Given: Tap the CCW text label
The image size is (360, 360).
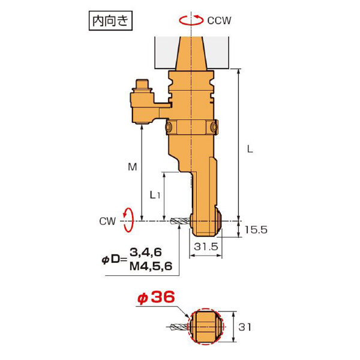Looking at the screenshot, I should pos(219,20).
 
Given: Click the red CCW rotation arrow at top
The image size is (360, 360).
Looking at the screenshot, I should pos(191,20).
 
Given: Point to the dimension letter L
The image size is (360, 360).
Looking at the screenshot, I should pos(250,148).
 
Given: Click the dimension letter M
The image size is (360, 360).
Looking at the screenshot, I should pos(133,167).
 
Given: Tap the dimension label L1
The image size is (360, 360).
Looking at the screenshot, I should pos(155,195).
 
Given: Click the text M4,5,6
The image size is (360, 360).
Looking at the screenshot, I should pos(151,266).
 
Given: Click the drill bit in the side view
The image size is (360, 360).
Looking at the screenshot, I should pos(180,222).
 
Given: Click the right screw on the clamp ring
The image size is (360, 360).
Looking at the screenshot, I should pos(214,128).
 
